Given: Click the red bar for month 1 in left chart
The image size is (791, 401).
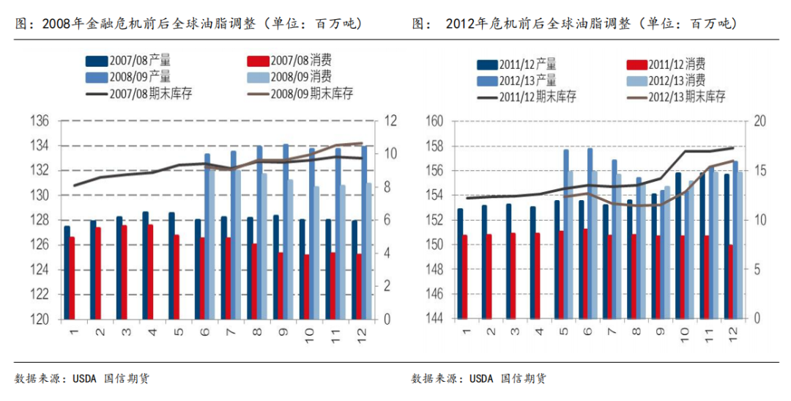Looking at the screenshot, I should pos(72,279).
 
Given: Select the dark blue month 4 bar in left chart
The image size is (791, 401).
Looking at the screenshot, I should pos(146,265).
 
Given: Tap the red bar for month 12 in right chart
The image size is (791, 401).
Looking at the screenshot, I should pos(731,282).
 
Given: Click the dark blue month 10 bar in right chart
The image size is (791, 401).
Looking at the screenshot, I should pos(678,246).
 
